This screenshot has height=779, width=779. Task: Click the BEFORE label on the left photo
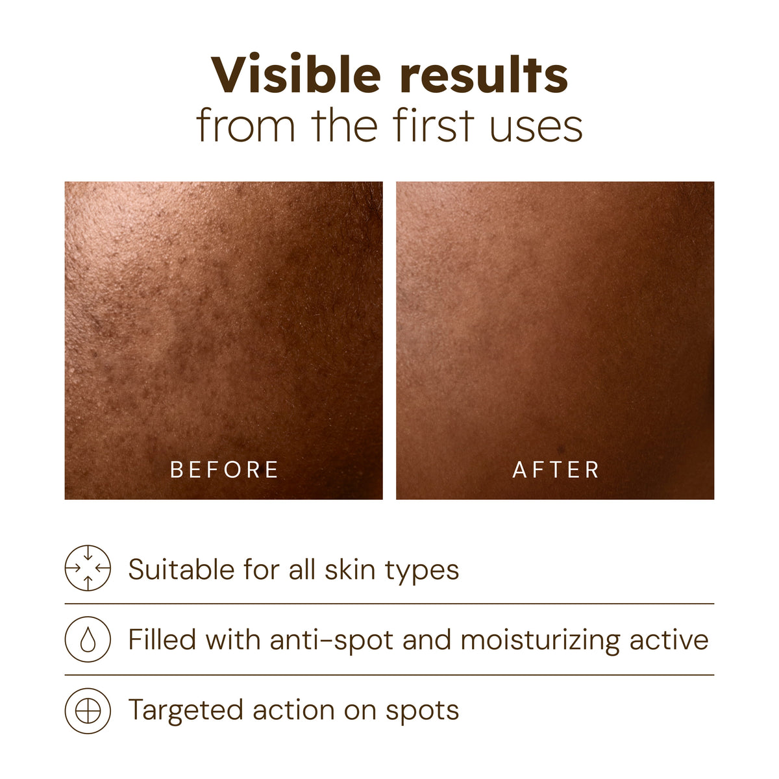225,469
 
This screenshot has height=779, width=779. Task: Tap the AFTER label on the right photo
556,469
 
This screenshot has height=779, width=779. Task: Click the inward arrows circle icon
88,568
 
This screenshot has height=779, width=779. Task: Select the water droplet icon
88,639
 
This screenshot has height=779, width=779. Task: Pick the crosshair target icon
88,711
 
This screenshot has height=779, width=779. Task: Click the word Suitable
180,570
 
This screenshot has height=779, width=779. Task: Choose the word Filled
162,640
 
